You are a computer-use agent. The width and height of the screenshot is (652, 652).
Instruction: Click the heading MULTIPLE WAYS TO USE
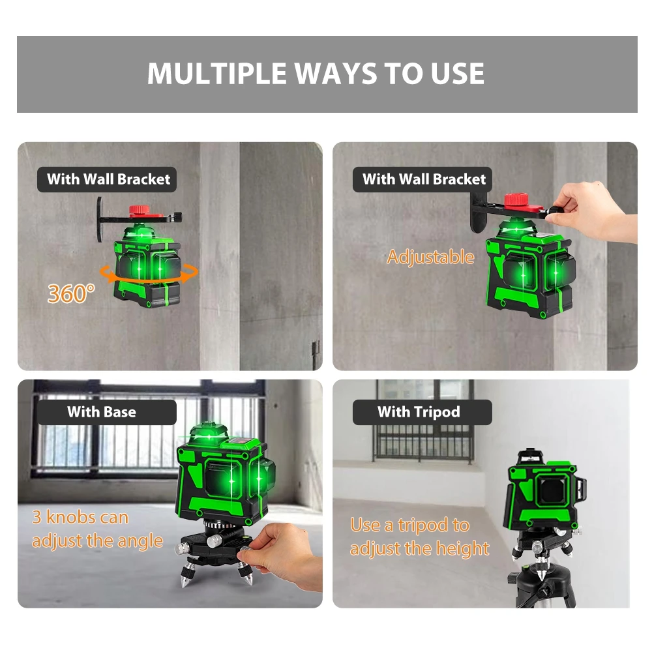(316, 74)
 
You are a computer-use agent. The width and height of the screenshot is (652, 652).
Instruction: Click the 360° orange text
(70, 293)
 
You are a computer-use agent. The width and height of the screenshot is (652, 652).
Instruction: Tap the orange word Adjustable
(430, 257)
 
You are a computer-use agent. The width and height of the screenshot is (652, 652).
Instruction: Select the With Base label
(102, 412)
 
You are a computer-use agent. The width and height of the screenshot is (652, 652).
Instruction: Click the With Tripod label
(419, 412)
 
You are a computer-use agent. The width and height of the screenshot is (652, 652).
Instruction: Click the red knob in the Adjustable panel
(520, 200)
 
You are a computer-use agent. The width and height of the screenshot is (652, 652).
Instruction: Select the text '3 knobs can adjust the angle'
(97, 529)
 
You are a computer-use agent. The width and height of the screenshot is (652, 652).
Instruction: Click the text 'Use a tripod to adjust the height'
(419, 537)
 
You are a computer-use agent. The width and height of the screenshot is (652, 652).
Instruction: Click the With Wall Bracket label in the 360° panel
(108, 179)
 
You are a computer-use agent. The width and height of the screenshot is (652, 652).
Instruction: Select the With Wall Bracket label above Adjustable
(424, 179)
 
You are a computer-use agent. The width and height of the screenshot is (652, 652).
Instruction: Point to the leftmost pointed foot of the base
(183, 578)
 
